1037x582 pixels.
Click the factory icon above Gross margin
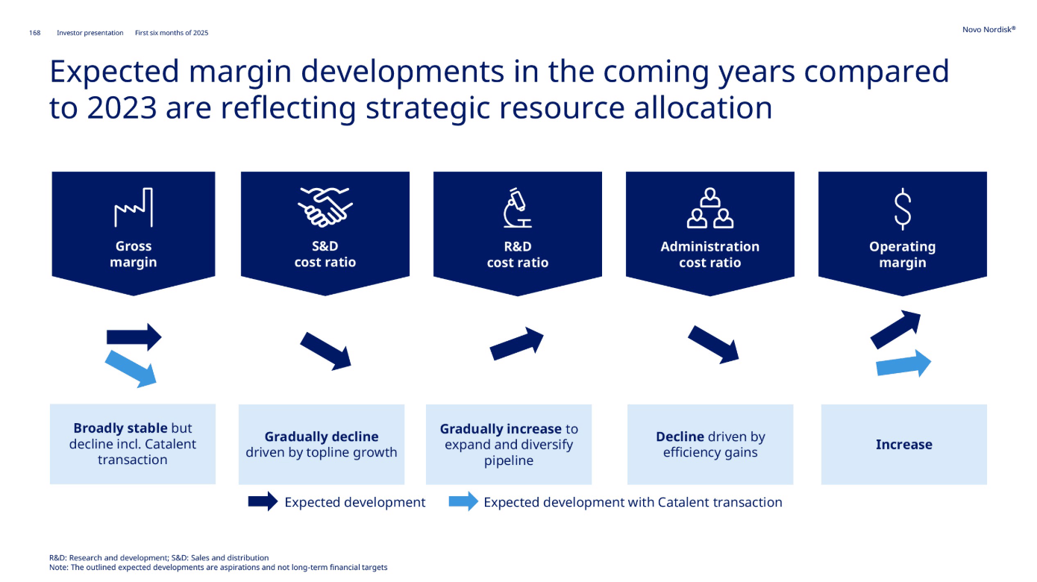(x=134, y=207)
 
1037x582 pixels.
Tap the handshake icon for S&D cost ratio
(x=325, y=207)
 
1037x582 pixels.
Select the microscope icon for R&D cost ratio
(x=518, y=207)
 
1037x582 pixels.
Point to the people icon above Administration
(x=710, y=208)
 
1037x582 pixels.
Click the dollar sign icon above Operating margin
(x=902, y=209)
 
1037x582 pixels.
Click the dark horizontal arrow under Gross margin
(x=134, y=337)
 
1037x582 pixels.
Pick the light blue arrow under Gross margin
(x=131, y=369)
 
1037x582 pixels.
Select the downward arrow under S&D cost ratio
(x=326, y=351)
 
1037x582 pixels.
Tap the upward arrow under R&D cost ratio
(x=517, y=343)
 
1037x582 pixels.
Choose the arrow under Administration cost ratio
(x=713, y=345)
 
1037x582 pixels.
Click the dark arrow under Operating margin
(x=896, y=329)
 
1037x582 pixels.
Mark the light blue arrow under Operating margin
(x=903, y=364)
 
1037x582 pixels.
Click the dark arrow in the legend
(x=263, y=501)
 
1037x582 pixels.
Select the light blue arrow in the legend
(x=463, y=501)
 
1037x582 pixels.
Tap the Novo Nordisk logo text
(x=989, y=30)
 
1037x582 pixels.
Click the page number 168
(x=35, y=33)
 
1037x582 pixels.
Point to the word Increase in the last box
(x=903, y=445)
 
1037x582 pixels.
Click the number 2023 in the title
(x=122, y=108)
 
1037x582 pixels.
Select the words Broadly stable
(x=120, y=428)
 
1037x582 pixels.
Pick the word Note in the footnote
(x=58, y=567)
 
